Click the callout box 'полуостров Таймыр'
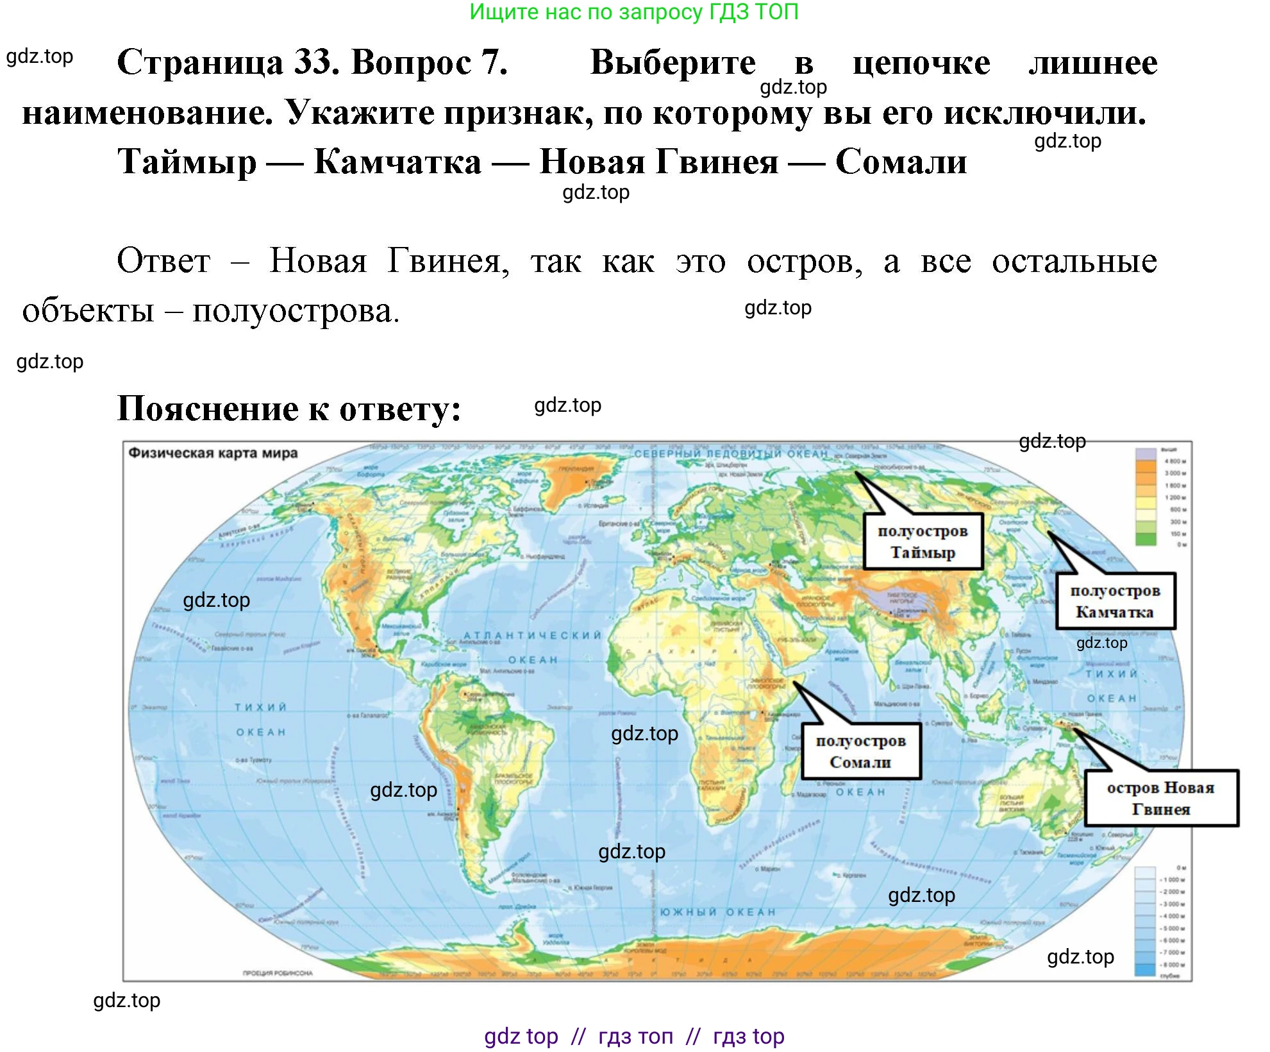(x=922, y=541)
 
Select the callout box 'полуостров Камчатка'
(x=1115, y=601)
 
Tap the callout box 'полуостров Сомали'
(x=860, y=751)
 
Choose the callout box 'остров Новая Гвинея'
(x=1160, y=798)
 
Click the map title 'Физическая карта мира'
(x=213, y=453)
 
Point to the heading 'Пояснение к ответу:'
(x=289, y=409)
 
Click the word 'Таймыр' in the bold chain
(x=187, y=162)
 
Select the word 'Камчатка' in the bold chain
(x=397, y=162)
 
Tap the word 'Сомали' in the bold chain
(x=901, y=162)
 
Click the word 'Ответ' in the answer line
(x=163, y=261)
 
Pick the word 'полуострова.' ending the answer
(x=296, y=312)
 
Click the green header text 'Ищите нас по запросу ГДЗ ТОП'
(x=634, y=12)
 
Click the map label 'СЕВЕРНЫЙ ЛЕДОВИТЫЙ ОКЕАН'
(x=731, y=454)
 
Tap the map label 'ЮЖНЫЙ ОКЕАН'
(x=717, y=912)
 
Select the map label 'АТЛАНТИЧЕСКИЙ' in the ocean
(x=533, y=635)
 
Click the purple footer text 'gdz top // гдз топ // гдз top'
(x=634, y=1036)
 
